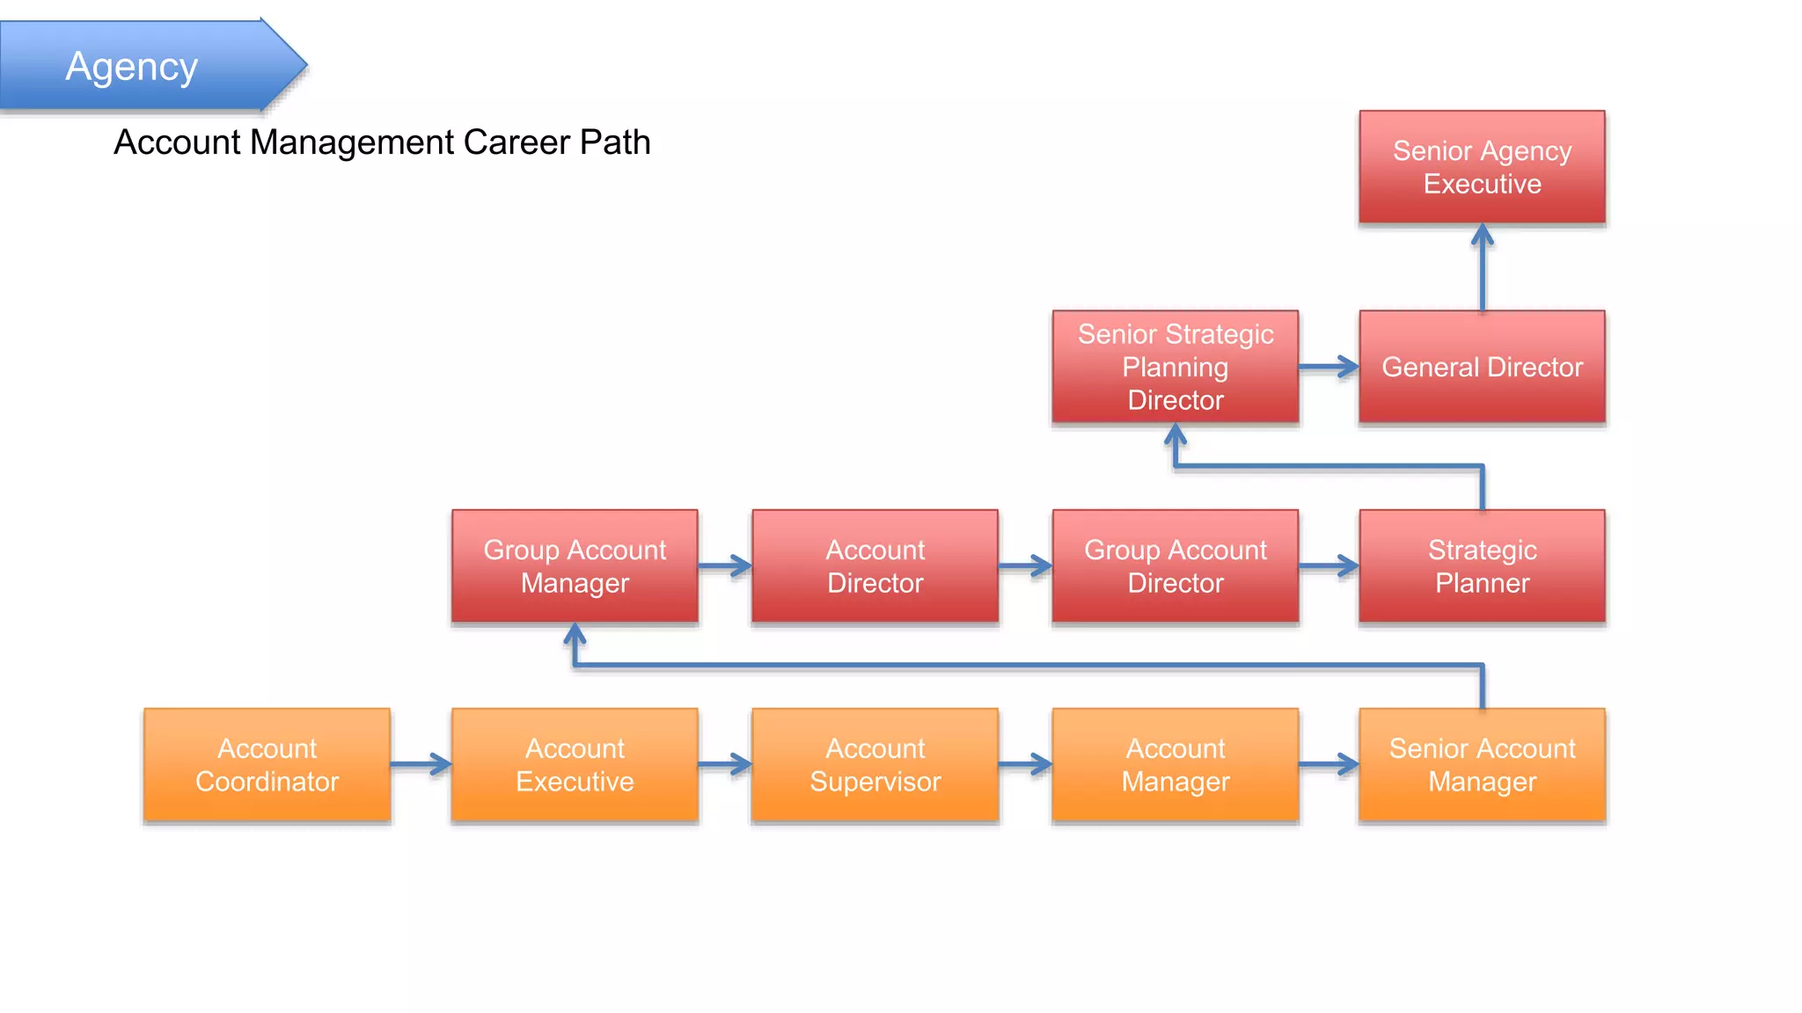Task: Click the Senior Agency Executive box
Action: (x=1482, y=167)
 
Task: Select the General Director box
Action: (x=1482, y=367)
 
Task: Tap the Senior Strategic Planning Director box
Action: (x=1175, y=367)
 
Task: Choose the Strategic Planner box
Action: (x=1482, y=566)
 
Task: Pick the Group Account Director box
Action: (x=1175, y=566)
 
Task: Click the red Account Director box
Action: (x=875, y=566)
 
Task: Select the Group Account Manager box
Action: (x=575, y=566)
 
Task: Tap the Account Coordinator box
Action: (x=267, y=765)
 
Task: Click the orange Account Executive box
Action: (x=575, y=765)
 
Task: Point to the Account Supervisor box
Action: (x=875, y=765)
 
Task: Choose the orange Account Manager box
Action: (x=1175, y=765)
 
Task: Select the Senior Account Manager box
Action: (x=1482, y=765)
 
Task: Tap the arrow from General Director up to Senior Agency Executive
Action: (x=1483, y=268)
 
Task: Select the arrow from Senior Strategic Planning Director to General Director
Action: (x=1329, y=367)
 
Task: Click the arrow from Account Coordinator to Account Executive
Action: (x=421, y=764)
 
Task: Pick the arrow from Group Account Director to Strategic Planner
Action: (x=1329, y=566)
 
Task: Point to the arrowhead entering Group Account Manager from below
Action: (x=575, y=635)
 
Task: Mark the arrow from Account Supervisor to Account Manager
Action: (x=1025, y=764)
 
